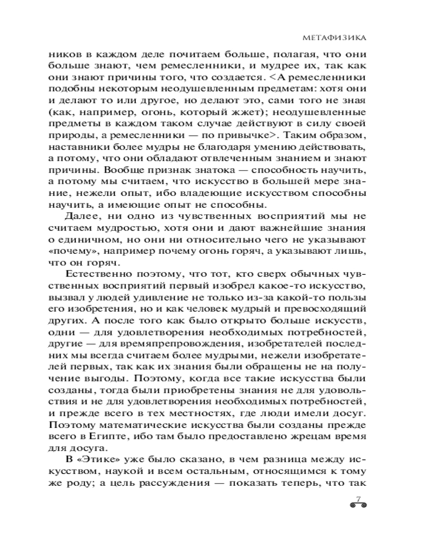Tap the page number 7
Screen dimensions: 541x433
[358, 498]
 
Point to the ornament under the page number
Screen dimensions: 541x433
[358, 507]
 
